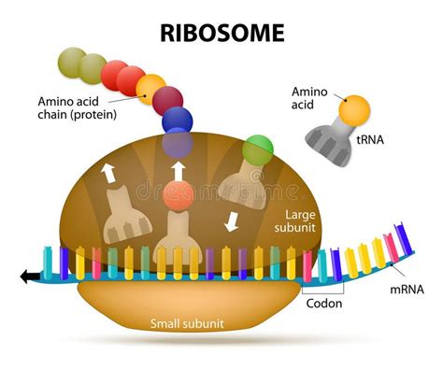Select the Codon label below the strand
coord(323,303)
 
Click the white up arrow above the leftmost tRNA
coord(108,170)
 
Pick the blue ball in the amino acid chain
coord(177,120)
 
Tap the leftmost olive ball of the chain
coord(71,63)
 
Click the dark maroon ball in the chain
coord(168,100)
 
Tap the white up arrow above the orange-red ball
coord(178,171)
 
